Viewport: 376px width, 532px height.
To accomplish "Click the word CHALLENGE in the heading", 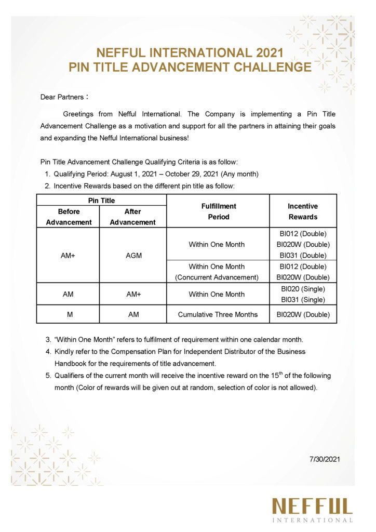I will [x=267, y=68].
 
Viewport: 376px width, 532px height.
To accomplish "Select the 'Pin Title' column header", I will [x=101, y=200].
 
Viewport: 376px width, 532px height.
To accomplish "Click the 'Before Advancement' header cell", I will [x=69, y=217].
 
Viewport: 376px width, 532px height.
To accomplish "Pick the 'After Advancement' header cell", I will [x=133, y=217].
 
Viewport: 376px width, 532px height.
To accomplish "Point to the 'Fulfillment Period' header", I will [x=218, y=211].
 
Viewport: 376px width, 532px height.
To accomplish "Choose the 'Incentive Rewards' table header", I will [x=303, y=211].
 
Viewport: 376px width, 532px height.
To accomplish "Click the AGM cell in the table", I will [x=133, y=256].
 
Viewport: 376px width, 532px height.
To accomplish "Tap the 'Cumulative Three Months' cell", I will [x=218, y=314].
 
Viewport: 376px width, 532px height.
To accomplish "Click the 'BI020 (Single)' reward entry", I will [x=303, y=288].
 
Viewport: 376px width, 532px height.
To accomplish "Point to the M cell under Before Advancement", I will [x=69, y=314].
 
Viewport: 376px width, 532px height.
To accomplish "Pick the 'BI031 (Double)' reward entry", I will [x=303, y=255].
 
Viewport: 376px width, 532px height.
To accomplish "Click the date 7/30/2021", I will [x=325, y=459].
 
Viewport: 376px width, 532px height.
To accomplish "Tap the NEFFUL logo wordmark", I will [x=312, y=506].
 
